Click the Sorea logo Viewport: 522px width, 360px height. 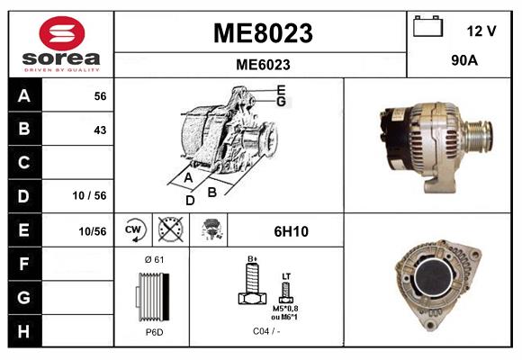(x=61, y=45)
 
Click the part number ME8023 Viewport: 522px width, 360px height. (x=262, y=33)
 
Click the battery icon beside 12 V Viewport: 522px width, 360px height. (x=427, y=29)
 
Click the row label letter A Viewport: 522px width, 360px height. (x=24, y=95)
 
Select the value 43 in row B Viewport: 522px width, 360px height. (x=100, y=130)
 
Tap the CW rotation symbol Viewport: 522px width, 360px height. (x=134, y=230)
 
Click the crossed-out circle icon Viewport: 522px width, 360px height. (x=168, y=230)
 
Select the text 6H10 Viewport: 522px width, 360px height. (x=291, y=231)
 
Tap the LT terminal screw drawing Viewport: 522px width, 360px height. (x=286, y=291)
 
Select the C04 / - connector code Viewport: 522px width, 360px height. (x=266, y=331)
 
